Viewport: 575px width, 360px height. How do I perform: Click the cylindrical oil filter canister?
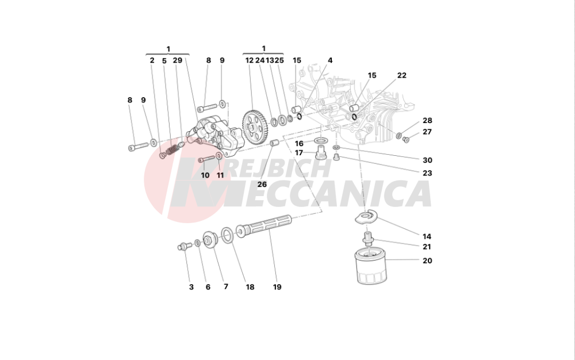(369, 266)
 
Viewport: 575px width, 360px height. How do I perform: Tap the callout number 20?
(427, 261)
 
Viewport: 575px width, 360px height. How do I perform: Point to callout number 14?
(427, 236)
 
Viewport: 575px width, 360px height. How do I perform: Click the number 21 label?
(427, 247)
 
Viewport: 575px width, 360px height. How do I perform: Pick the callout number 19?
(277, 287)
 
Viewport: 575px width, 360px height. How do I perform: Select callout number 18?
(250, 287)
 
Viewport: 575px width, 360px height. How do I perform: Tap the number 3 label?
(191, 287)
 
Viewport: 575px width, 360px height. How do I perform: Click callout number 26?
(262, 185)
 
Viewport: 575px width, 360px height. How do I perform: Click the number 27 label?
(427, 132)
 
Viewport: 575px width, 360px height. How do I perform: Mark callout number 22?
(401, 75)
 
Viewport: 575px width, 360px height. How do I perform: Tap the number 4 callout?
(330, 60)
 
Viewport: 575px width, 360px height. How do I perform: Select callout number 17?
(299, 153)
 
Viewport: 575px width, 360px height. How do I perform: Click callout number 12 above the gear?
(249, 60)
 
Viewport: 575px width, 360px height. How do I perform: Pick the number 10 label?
(205, 175)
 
